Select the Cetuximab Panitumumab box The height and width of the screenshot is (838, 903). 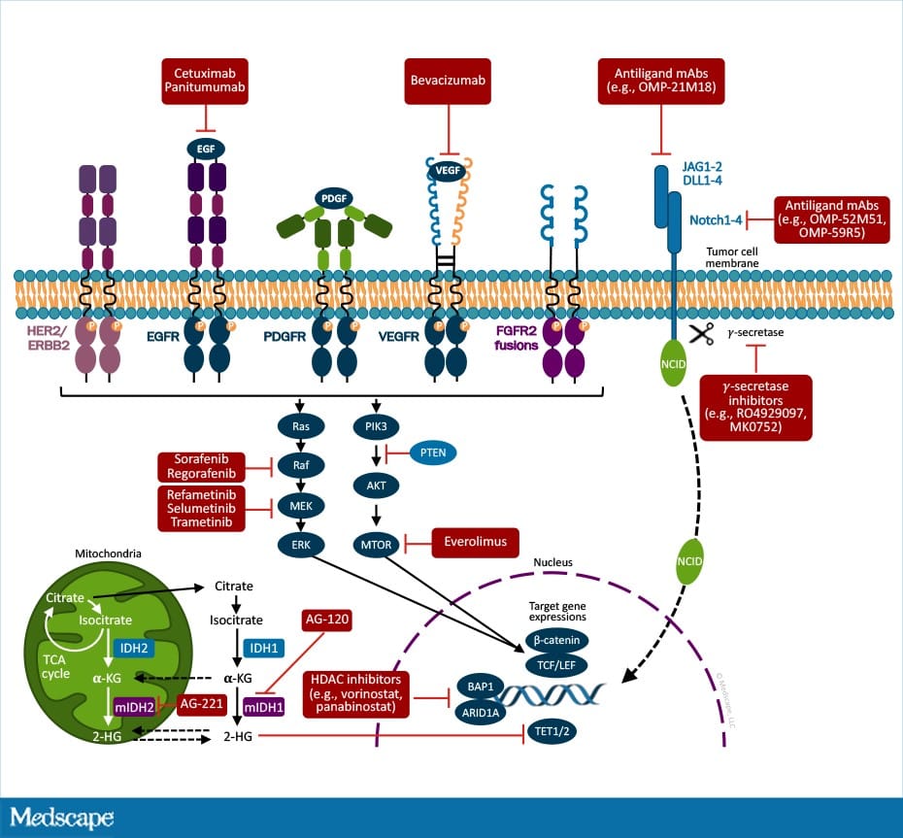[x=205, y=82]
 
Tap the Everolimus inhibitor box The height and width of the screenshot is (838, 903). [x=475, y=542]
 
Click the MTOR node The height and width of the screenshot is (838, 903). [x=376, y=545]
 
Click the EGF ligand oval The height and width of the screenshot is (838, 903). [x=206, y=149]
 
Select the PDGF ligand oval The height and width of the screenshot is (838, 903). [x=333, y=197]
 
